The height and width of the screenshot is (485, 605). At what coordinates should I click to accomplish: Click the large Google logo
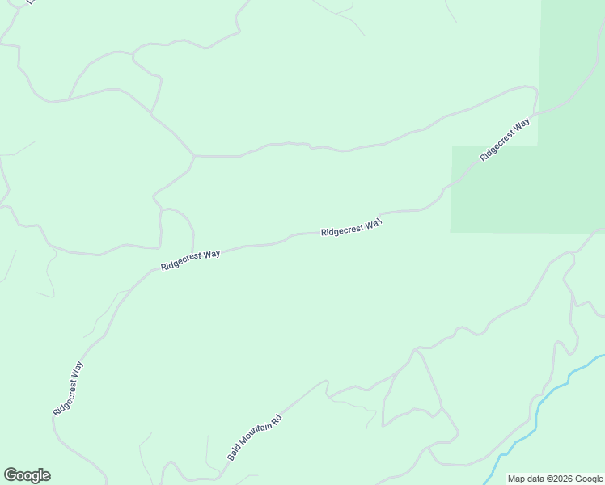[27, 475]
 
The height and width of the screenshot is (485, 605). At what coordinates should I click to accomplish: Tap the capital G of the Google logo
[11, 475]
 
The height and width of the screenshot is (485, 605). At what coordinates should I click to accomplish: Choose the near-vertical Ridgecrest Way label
[68, 389]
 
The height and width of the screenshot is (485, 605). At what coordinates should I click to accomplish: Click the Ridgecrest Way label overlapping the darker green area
[505, 139]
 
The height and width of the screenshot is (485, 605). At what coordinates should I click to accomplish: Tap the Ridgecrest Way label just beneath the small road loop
[190, 259]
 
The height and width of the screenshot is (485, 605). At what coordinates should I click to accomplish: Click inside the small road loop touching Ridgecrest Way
[176, 230]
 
